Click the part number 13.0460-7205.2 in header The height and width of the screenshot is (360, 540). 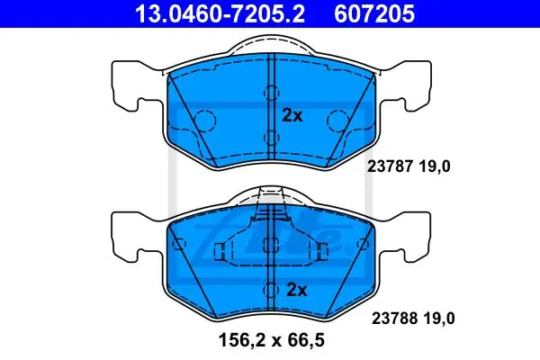click(220, 13)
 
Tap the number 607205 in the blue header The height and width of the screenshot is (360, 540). click(374, 13)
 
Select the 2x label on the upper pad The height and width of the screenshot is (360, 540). click(292, 115)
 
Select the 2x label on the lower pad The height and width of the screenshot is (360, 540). click(296, 290)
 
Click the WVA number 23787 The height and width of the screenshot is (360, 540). click(390, 166)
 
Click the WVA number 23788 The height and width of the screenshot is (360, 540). click(394, 319)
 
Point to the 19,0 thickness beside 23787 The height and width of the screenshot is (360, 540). click(435, 167)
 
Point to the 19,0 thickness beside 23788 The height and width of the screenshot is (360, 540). click(439, 319)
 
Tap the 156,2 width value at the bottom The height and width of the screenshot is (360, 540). click(241, 341)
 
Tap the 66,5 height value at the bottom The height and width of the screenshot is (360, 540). click(306, 341)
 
